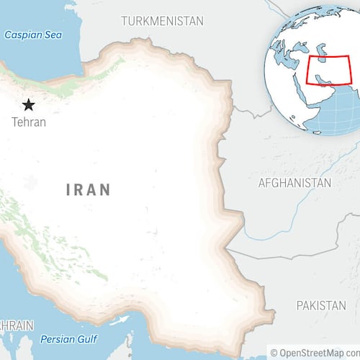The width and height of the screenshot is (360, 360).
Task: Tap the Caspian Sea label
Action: tap(33, 35)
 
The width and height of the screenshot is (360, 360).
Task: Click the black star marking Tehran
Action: tap(29, 104)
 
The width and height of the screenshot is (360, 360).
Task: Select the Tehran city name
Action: tap(29, 122)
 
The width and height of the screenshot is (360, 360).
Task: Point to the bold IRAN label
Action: tap(89, 190)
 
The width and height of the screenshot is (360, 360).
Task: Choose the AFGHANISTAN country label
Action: tap(294, 183)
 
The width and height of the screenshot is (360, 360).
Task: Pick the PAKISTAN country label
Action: tap(320, 305)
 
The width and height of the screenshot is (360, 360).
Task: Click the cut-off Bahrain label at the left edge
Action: tap(16, 325)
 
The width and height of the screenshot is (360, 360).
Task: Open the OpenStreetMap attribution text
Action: tap(318, 352)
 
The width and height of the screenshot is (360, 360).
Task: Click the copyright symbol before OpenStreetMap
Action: tap(274, 352)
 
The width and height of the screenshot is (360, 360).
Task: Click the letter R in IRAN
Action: tap(80, 190)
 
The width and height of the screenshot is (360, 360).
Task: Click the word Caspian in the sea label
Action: tap(22, 35)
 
